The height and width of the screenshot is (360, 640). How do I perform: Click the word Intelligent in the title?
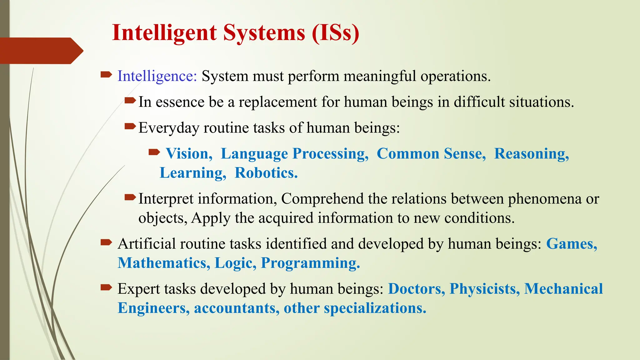[x=164, y=33]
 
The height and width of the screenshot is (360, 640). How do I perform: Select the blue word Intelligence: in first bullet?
[x=157, y=76]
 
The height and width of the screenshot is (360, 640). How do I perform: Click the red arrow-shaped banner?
[x=41, y=51]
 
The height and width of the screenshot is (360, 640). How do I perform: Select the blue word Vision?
[x=188, y=154]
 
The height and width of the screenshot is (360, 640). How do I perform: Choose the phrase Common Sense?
[x=431, y=154]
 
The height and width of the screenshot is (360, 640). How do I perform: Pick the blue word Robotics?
[x=266, y=173]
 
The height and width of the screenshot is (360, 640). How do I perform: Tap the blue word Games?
[x=571, y=244]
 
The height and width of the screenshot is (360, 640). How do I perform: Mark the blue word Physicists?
[x=484, y=289]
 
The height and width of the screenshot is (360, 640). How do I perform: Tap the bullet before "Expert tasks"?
[x=106, y=287]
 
